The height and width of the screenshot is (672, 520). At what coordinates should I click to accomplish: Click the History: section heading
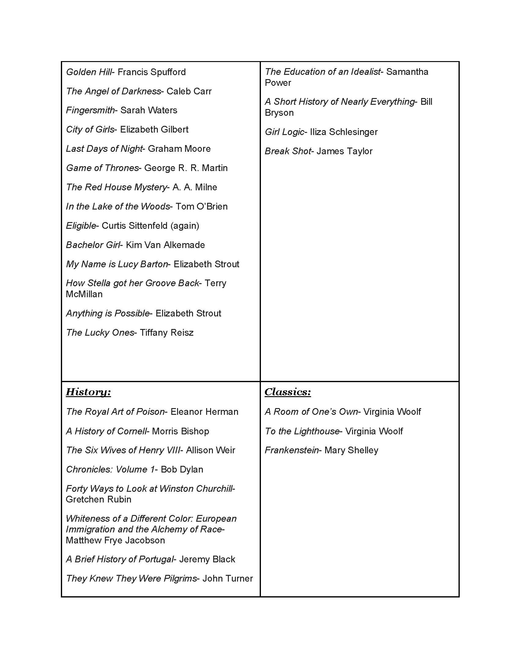[88, 392]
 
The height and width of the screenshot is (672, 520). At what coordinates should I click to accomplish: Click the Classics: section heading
[288, 392]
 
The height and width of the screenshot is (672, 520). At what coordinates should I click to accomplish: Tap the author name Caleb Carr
[189, 91]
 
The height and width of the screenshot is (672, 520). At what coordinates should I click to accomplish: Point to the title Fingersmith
[90, 111]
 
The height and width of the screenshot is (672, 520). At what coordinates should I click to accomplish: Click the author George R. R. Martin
[186, 168]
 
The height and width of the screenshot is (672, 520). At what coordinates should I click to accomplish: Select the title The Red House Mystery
[116, 187]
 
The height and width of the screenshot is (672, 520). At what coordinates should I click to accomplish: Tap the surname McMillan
[84, 294]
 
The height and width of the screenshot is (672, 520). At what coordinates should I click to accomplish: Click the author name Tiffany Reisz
[166, 333]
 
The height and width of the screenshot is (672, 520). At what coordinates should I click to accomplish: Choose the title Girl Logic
[284, 132]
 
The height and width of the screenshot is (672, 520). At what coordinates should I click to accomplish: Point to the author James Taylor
[344, 152]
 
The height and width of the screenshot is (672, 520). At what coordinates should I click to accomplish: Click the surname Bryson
[279, 113]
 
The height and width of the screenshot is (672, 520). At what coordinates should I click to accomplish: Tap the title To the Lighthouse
[302, 431]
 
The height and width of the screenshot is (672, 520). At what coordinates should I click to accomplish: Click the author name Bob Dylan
[182, 469]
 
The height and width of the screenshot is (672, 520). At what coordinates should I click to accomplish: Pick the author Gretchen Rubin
[98, 499]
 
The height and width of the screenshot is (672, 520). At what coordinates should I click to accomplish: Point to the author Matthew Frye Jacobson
[115, 540]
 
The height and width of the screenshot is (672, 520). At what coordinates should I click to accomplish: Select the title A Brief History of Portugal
[120, 559]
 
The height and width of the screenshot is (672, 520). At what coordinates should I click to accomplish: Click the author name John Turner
[227, 579]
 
